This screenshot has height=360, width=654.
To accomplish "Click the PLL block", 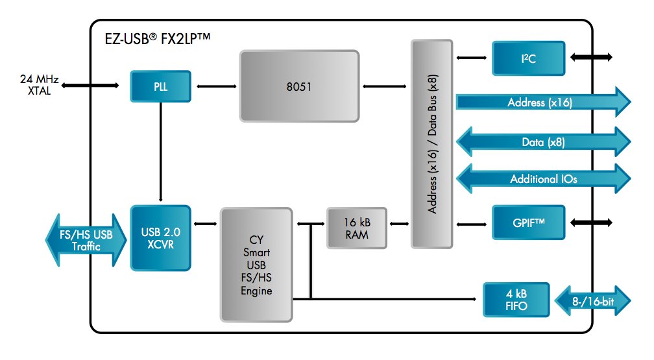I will click(x=160, y=86).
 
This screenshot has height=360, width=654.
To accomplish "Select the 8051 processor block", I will click(x=299, y=86).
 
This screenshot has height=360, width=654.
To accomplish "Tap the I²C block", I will click(x=527, y=58).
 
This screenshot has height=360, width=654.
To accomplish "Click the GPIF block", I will click(x=527, y=223).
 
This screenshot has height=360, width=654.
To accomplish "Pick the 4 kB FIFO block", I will click(x=516, y=299).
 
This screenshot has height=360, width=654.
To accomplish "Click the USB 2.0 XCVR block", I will click(x=160, y=237).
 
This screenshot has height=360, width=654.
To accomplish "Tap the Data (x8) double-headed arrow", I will click(x=542, y=141).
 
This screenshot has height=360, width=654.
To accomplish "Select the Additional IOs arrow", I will click(x=542, y=178).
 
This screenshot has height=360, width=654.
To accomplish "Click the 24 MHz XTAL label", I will click(x=39, y=86).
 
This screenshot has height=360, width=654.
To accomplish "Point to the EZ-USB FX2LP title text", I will click(x=155, y=38).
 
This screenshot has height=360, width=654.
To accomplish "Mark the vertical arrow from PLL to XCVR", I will click(x=160, y=152).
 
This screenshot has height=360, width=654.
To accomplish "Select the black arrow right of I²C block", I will click(x=590, y=58).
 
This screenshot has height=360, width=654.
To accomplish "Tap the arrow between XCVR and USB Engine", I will click(x=206, y=224).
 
